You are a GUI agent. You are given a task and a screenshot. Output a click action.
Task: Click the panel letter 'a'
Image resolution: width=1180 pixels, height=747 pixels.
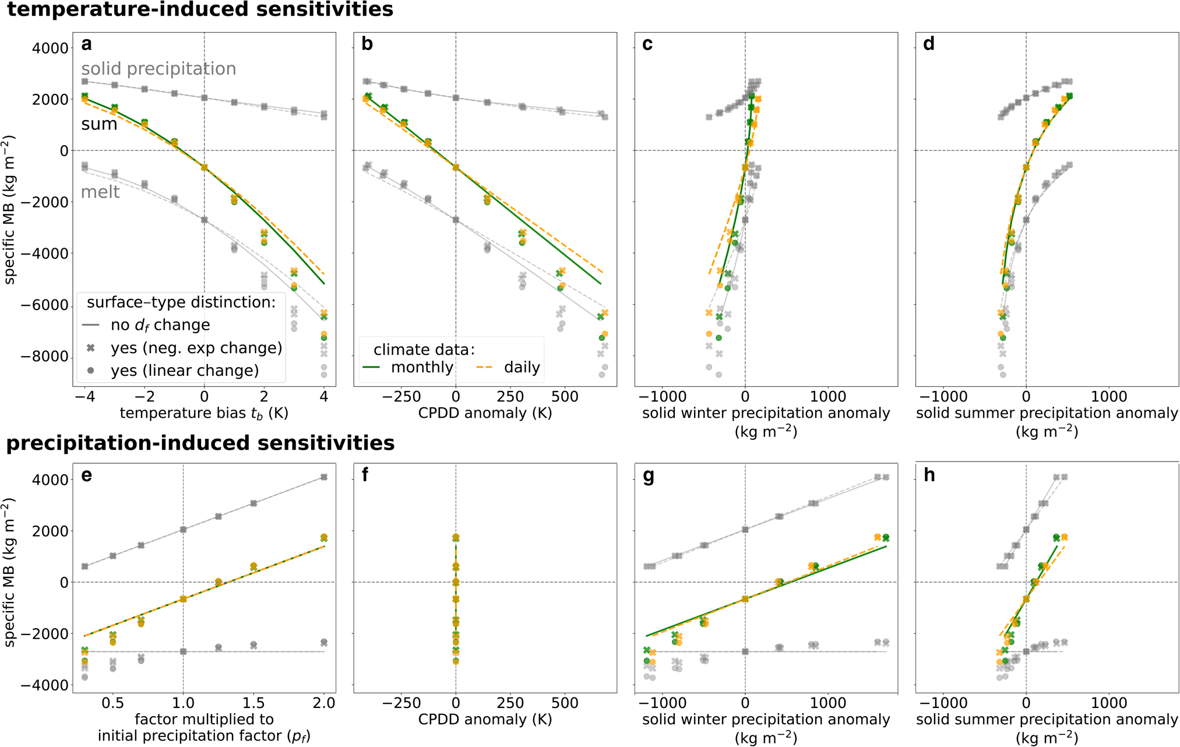tap(87, 45)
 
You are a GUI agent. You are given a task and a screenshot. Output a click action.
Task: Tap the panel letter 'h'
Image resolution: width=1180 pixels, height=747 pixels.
tap(929, 476)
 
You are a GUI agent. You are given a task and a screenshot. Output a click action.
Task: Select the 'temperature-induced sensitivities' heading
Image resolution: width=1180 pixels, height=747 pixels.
tap(200, 10)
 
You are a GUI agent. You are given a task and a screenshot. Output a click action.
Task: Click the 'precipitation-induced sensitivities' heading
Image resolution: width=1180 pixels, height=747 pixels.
tap(200, 443)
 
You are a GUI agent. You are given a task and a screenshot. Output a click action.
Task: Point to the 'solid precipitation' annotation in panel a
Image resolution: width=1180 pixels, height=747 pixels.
tap(158, 69)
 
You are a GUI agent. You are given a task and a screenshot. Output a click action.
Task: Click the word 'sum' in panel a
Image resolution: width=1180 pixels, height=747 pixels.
tap(99, 124)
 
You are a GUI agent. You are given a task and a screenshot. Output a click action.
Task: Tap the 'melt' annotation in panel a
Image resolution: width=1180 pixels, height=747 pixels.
tap(100, 192)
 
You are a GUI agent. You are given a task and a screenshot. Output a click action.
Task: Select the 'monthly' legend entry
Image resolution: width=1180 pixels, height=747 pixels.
tap(422, 368)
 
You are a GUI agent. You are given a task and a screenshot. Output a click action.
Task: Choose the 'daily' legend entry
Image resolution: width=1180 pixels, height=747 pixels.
tap(522, 368)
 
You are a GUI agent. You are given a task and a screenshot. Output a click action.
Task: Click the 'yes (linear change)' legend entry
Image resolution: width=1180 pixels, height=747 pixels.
tap(185, 371)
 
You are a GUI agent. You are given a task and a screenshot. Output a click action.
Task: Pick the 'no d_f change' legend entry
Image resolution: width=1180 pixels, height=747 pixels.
tap(160, 325)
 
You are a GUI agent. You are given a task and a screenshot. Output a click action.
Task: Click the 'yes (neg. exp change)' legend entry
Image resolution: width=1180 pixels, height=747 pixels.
tap(196, 348)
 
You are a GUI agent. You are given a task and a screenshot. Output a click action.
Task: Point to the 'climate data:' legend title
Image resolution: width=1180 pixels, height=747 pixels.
tap(424, 350)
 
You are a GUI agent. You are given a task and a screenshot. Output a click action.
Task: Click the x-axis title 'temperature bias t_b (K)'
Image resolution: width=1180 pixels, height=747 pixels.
tap(204, 414)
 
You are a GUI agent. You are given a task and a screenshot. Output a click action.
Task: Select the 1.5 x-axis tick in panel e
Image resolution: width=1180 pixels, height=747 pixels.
tap(253, 703)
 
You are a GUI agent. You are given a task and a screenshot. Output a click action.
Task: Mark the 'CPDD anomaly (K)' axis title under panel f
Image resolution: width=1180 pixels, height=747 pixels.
tap(485, 720)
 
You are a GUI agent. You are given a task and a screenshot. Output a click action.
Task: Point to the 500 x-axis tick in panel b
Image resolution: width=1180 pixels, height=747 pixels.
tap(565, 397)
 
